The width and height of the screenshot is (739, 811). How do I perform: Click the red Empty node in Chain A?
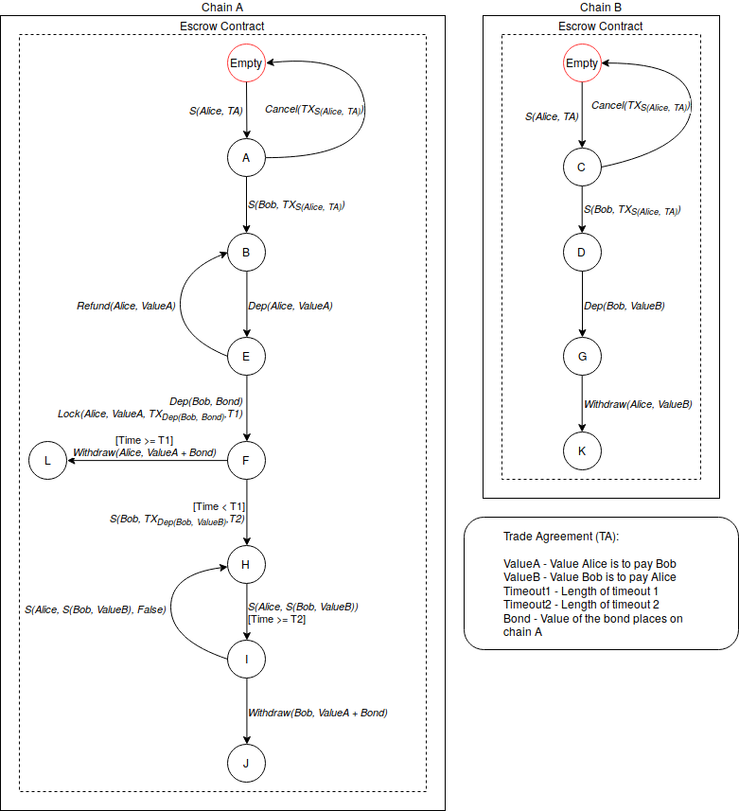246,63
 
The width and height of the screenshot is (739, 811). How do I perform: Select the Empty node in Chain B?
582,63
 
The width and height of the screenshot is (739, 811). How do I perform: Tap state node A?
246,158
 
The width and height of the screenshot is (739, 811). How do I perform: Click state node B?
246,253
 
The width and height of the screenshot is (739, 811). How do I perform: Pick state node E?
246,357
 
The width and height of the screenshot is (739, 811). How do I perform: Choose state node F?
246,461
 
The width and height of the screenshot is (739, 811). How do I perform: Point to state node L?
47,461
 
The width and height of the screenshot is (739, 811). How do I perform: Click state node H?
246,565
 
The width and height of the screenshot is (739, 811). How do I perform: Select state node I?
246,660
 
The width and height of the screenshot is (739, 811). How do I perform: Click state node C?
582,167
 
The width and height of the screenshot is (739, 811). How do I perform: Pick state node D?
582,253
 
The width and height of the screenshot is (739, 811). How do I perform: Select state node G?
582,357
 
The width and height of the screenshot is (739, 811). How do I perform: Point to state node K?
582,451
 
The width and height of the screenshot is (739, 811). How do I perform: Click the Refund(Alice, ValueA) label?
125,306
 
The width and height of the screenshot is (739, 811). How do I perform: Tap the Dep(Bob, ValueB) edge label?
625,306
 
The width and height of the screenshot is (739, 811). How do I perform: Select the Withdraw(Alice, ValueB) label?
637,404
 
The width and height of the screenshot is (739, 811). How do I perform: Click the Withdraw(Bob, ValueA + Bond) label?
318,712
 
